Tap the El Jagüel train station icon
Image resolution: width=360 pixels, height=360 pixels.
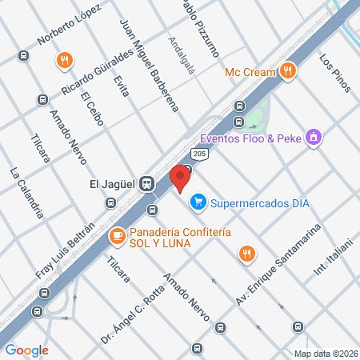(x=146, y=183)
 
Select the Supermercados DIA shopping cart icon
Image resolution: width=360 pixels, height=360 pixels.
(x=198, y=203)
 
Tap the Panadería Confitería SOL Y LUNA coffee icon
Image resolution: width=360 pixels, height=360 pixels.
(x=117, y=237)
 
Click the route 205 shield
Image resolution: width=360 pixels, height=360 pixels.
(x=200, y=152)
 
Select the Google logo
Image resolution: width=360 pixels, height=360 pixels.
(x=26, y=350)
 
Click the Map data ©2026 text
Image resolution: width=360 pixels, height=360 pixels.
(x=325, y=354)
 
